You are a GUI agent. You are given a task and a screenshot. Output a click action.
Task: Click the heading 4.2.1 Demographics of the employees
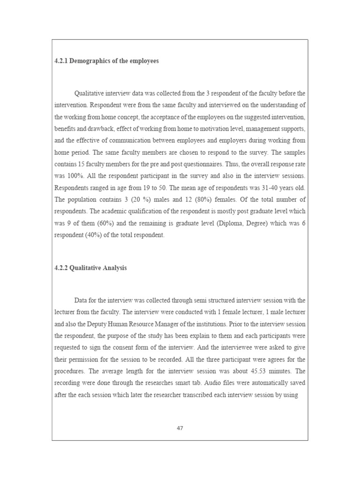coord(107,61)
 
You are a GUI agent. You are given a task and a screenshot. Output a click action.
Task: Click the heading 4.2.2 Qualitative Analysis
coord(90,268)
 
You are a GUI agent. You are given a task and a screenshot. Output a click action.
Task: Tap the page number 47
coord(180,427)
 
